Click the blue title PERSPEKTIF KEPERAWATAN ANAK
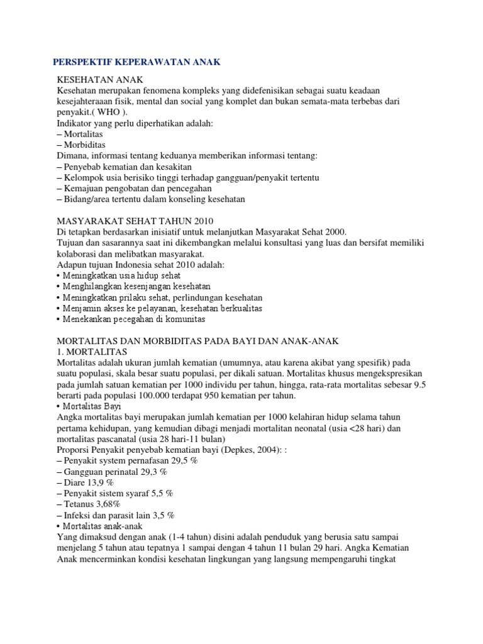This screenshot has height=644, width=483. coord(135,63)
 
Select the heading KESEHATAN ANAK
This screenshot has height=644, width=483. coord(100,80)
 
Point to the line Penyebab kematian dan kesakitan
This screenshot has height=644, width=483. coord(124,167)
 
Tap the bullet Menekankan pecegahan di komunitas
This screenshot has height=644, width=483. coord(131,319)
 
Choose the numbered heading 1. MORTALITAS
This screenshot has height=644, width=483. coord(92,351)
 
